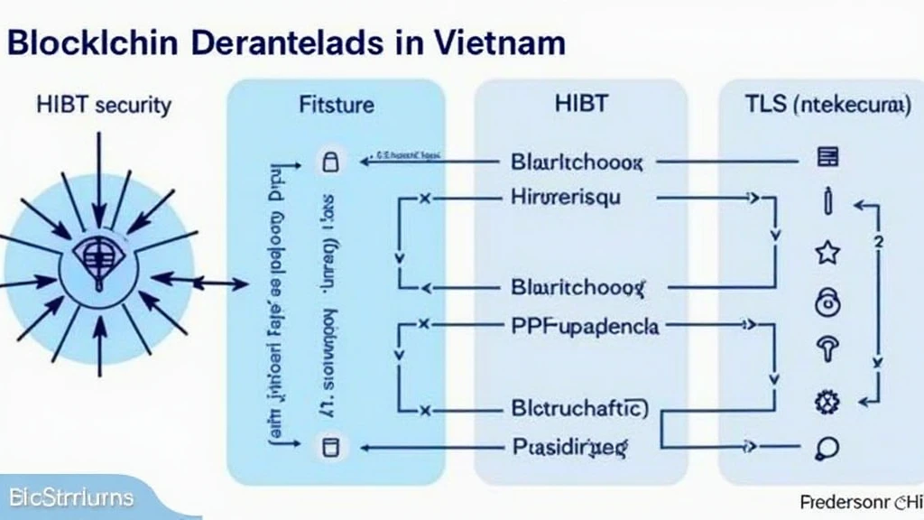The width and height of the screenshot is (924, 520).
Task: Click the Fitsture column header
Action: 336,106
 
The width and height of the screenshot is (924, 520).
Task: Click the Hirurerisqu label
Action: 566,196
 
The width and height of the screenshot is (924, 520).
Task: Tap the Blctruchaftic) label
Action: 579,408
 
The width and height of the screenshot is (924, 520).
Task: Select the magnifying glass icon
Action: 827,447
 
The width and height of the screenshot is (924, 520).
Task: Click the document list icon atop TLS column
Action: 827,158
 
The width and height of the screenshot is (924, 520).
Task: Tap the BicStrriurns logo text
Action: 71,497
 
